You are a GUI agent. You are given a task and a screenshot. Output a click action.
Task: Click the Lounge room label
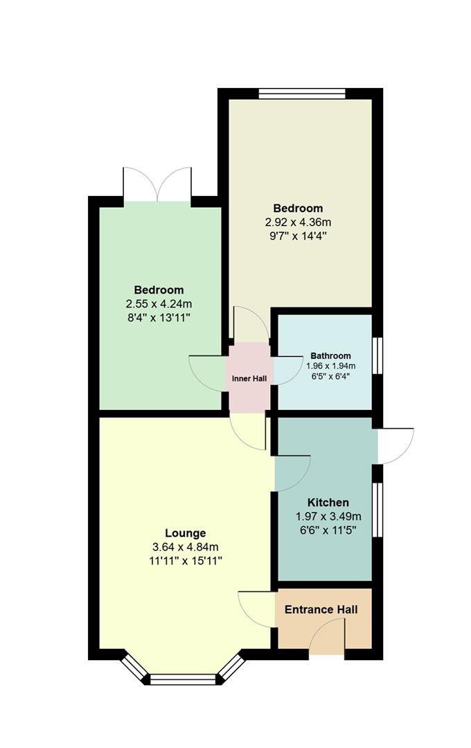coord(185,533)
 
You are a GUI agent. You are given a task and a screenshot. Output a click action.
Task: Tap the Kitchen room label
coord(328,502)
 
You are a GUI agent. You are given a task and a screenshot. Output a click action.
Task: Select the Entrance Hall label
coord(321,609)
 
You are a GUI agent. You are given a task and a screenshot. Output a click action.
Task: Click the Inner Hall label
coord(249,379)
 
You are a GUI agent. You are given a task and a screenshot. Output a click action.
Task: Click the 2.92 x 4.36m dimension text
coord(298,222)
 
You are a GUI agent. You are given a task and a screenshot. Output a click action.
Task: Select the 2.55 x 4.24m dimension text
coord(159,304)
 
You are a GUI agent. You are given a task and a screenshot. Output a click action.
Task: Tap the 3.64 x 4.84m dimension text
coord(185,547)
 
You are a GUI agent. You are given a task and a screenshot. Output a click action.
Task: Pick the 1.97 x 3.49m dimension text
coord(328,516)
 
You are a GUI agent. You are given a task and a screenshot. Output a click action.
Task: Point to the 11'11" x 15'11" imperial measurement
coord(185,560)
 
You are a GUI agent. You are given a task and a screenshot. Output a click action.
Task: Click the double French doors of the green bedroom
coord(157,185)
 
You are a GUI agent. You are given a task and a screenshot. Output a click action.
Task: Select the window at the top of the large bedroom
coord(302,93)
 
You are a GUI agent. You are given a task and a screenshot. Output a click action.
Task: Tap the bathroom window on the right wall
coord(377,355)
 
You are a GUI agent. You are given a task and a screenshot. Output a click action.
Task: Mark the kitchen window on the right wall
coord(377,509)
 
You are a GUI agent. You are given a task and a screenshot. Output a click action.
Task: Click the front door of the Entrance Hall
coord(328,637)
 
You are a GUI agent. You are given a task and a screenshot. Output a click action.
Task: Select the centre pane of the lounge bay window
coord(184,679)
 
